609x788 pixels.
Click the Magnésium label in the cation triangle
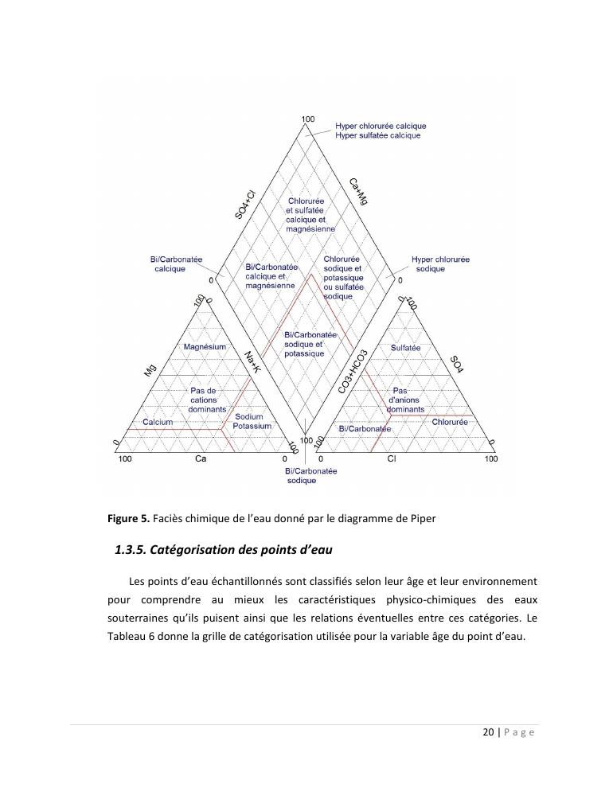click(205, 347)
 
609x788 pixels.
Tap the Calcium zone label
click(158, 422)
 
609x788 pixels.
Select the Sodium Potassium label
click(252, 422)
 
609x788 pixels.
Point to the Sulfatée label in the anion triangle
click(405, 348)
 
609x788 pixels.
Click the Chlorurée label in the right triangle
click(450, 422)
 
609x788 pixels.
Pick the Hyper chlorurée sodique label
click(440, 264)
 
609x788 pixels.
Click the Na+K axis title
click(252, 364)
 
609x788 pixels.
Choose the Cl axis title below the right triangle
click(392, 459)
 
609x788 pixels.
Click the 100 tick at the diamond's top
click(307, 119)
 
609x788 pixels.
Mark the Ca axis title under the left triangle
click(201, 459)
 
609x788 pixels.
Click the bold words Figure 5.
click(128, 519)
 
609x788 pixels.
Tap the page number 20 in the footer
click(488, 733)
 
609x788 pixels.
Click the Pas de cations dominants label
click(207, 400)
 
